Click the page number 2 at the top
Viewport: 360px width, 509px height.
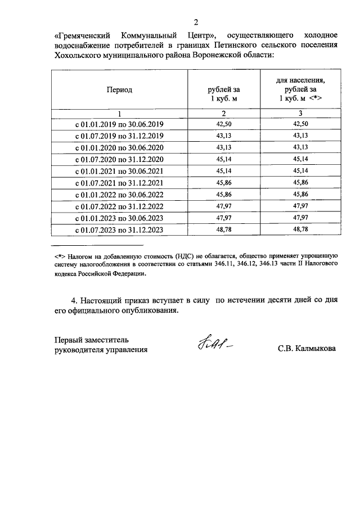196,22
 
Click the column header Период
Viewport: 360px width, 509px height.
119,89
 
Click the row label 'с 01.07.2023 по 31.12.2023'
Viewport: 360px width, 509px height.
119,230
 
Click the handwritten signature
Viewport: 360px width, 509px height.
214,344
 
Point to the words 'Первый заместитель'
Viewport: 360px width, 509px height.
92,339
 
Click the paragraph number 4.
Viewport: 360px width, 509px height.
74,300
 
